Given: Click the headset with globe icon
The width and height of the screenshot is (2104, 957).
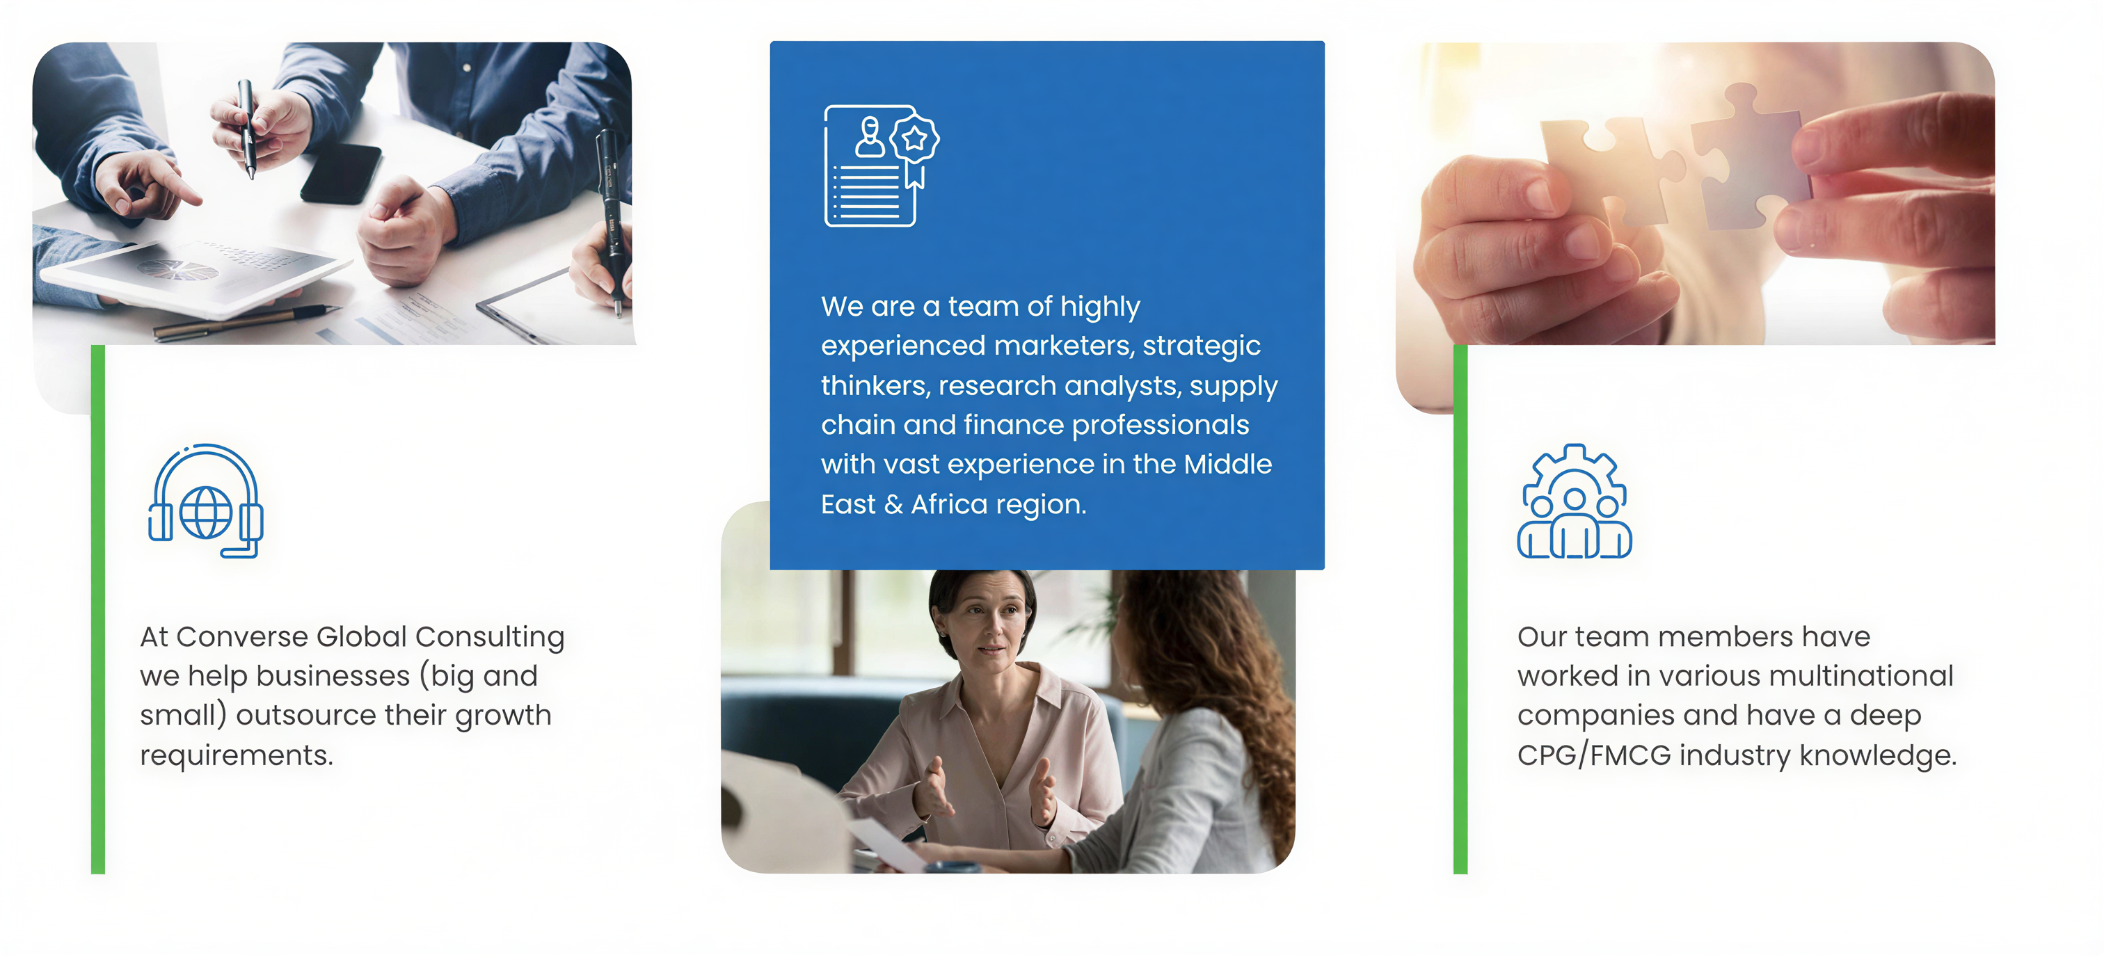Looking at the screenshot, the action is click(x=205, y=501).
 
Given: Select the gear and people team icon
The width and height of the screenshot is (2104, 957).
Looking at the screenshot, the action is click(x=1574, y=501).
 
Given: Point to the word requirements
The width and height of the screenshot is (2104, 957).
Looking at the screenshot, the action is click(x=236, y=756).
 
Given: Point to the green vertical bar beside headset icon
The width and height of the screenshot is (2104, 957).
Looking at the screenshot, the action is click(x=98, y=609).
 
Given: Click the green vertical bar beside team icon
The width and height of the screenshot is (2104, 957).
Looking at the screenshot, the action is click(x=1460, y=609).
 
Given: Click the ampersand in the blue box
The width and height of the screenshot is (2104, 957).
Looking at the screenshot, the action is click(x=893, y=505).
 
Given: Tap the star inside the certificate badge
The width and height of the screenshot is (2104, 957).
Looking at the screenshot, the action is click(x=914, y=140).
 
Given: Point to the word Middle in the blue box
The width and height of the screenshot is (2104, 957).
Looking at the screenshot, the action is click(x=1227, y=464).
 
